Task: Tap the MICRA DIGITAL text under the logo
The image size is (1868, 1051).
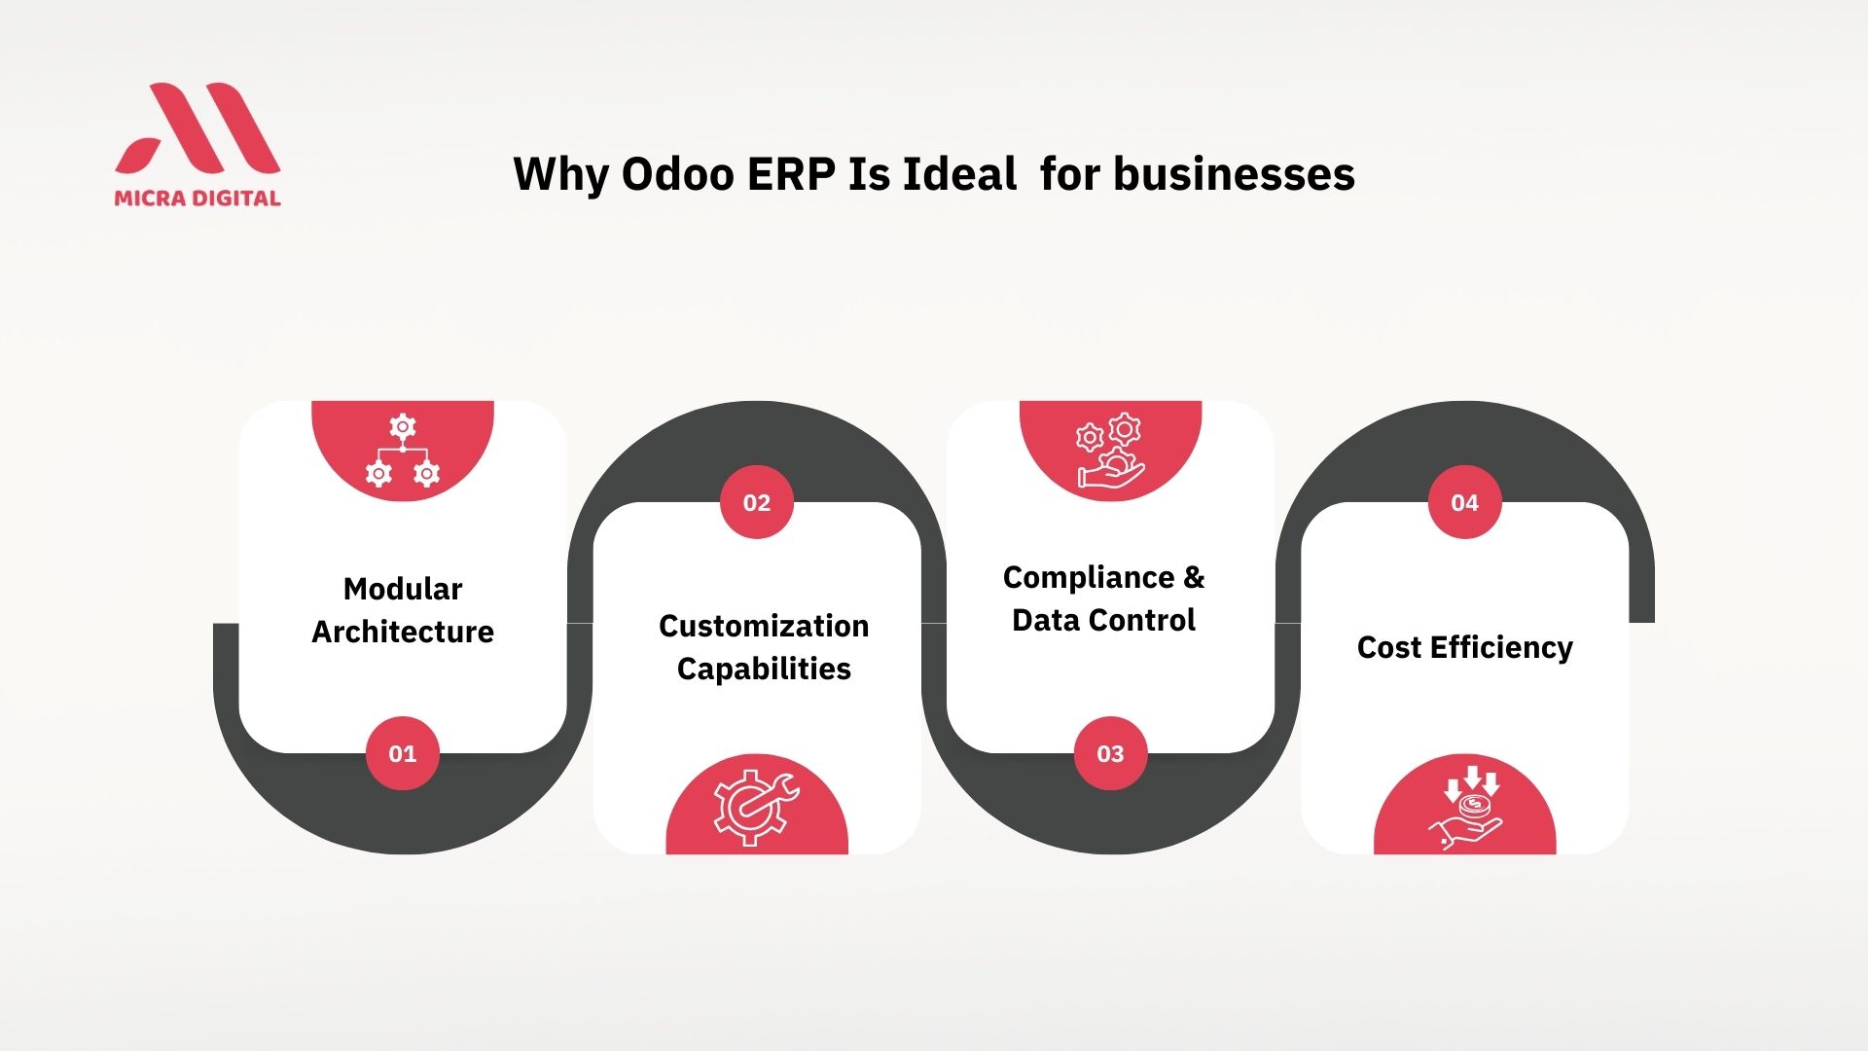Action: point(198,198)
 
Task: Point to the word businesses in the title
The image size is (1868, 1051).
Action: point(1234,174)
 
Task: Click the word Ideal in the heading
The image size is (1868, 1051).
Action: point(959,174)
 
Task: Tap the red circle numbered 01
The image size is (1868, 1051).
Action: point(403,753)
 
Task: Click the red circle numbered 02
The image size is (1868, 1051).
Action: point(757,502)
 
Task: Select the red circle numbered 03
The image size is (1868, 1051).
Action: point(1110,753)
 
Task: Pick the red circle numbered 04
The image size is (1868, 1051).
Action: point(1464,502)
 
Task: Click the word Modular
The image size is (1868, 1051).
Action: point(403,589)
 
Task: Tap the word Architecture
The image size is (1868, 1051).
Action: point(403,632)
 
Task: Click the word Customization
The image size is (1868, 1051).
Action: point(764,626)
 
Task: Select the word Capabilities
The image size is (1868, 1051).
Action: point(764,670)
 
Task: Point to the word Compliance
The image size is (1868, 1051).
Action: point(1089,578)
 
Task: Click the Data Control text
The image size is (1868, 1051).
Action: point(1103,620)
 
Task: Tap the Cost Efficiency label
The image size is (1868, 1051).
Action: point(1464,647)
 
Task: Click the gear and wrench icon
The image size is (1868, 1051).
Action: point(756,807)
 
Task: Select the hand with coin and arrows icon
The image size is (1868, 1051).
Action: point(1465,808)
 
